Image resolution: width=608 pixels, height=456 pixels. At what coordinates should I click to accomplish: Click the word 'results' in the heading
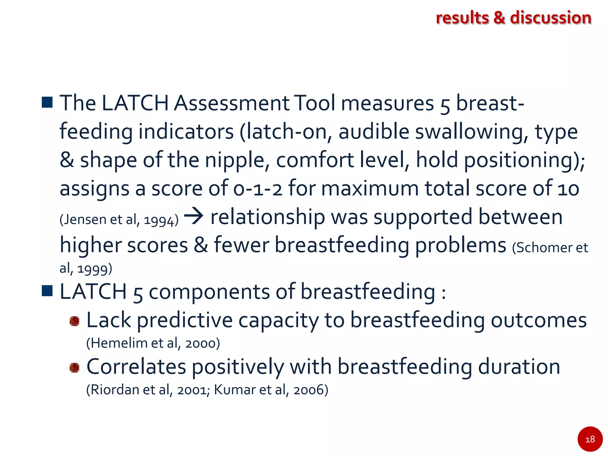coord(462,18)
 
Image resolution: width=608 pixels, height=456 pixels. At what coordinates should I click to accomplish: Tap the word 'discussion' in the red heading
coord(550,18)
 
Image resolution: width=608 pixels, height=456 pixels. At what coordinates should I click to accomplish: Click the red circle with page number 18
coord(590,439)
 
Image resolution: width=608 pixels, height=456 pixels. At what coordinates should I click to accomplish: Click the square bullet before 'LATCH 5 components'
coord(47,291)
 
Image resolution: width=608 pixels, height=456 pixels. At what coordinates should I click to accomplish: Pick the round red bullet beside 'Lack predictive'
coord(75,321)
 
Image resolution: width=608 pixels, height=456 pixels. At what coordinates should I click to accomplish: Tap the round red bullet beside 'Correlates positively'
coord(75,368)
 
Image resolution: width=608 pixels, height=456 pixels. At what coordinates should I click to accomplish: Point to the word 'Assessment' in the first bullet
coord(232,103)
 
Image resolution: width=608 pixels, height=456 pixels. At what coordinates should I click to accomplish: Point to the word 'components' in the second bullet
coord(209,292)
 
